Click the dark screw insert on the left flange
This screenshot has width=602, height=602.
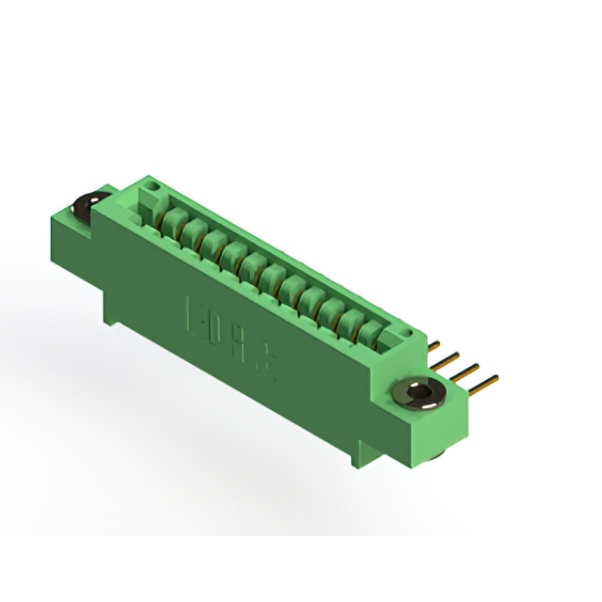(x=86, y=206)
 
